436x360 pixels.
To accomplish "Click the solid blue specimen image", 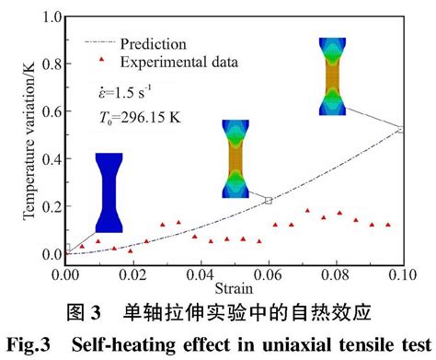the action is click(x=109, y=192).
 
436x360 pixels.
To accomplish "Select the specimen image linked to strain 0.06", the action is click(x=235, y=158).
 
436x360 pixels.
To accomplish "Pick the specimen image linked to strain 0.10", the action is click(x=332, y=76).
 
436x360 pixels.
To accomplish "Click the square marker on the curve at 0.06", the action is click(x=269, y=201).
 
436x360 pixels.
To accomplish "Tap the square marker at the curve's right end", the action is click(x=401, y=130).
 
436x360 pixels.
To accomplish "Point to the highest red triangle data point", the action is click(x=307, y=211).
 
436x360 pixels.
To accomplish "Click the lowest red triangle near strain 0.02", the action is click(x=131, y=251).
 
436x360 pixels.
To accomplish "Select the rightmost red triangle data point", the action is click(x=388, y=225).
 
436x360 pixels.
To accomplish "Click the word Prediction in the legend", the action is click(x=154, y=44).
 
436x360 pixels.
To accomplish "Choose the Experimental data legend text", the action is click(x=179, y=62).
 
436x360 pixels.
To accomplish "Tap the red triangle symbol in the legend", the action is click(x=101, y=60).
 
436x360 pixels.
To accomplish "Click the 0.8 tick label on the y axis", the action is click(x=52, y=64).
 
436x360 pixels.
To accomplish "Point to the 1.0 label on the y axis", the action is click(x=52, y=17).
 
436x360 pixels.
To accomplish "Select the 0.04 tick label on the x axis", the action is click(x=201, y=274).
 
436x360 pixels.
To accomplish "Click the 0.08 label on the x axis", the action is click(x=335, y=274).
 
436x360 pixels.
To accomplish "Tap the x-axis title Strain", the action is click(x=234, y=288).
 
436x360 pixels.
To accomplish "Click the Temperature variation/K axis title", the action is click(x=29, y=141).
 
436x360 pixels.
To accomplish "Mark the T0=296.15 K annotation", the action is click(x=140, y=117).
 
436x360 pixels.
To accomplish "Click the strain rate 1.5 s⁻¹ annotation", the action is click(x=125, y=92).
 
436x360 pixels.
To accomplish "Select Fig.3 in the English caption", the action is click(x=29, y=344).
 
